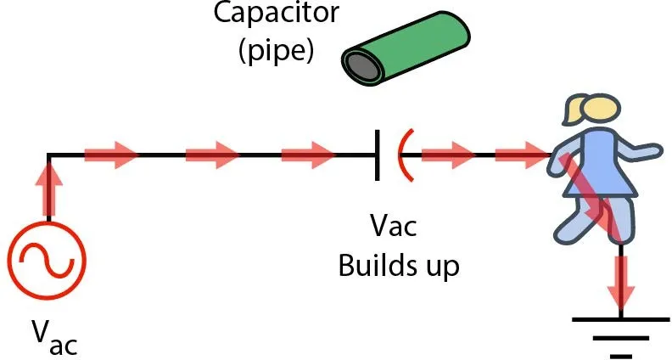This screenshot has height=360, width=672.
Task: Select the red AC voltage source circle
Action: (x=46, y=260)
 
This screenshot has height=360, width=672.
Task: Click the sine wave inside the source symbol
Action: (x=46, y=260)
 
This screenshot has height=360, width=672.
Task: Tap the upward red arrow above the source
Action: (x=48, y=188)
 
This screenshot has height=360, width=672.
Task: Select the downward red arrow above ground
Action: (x=624, y=280)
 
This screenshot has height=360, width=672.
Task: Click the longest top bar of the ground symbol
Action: (x=623, y=319)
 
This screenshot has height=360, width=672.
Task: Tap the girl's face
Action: (x=604, y=115)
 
